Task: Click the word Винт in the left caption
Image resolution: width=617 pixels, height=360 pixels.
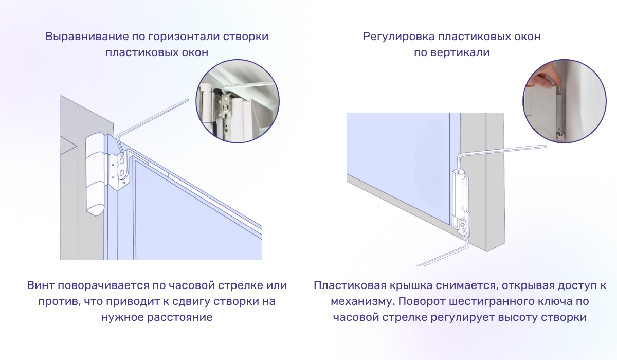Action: click(40, 285)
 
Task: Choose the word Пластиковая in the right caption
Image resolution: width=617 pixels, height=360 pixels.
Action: click(348, 285)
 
